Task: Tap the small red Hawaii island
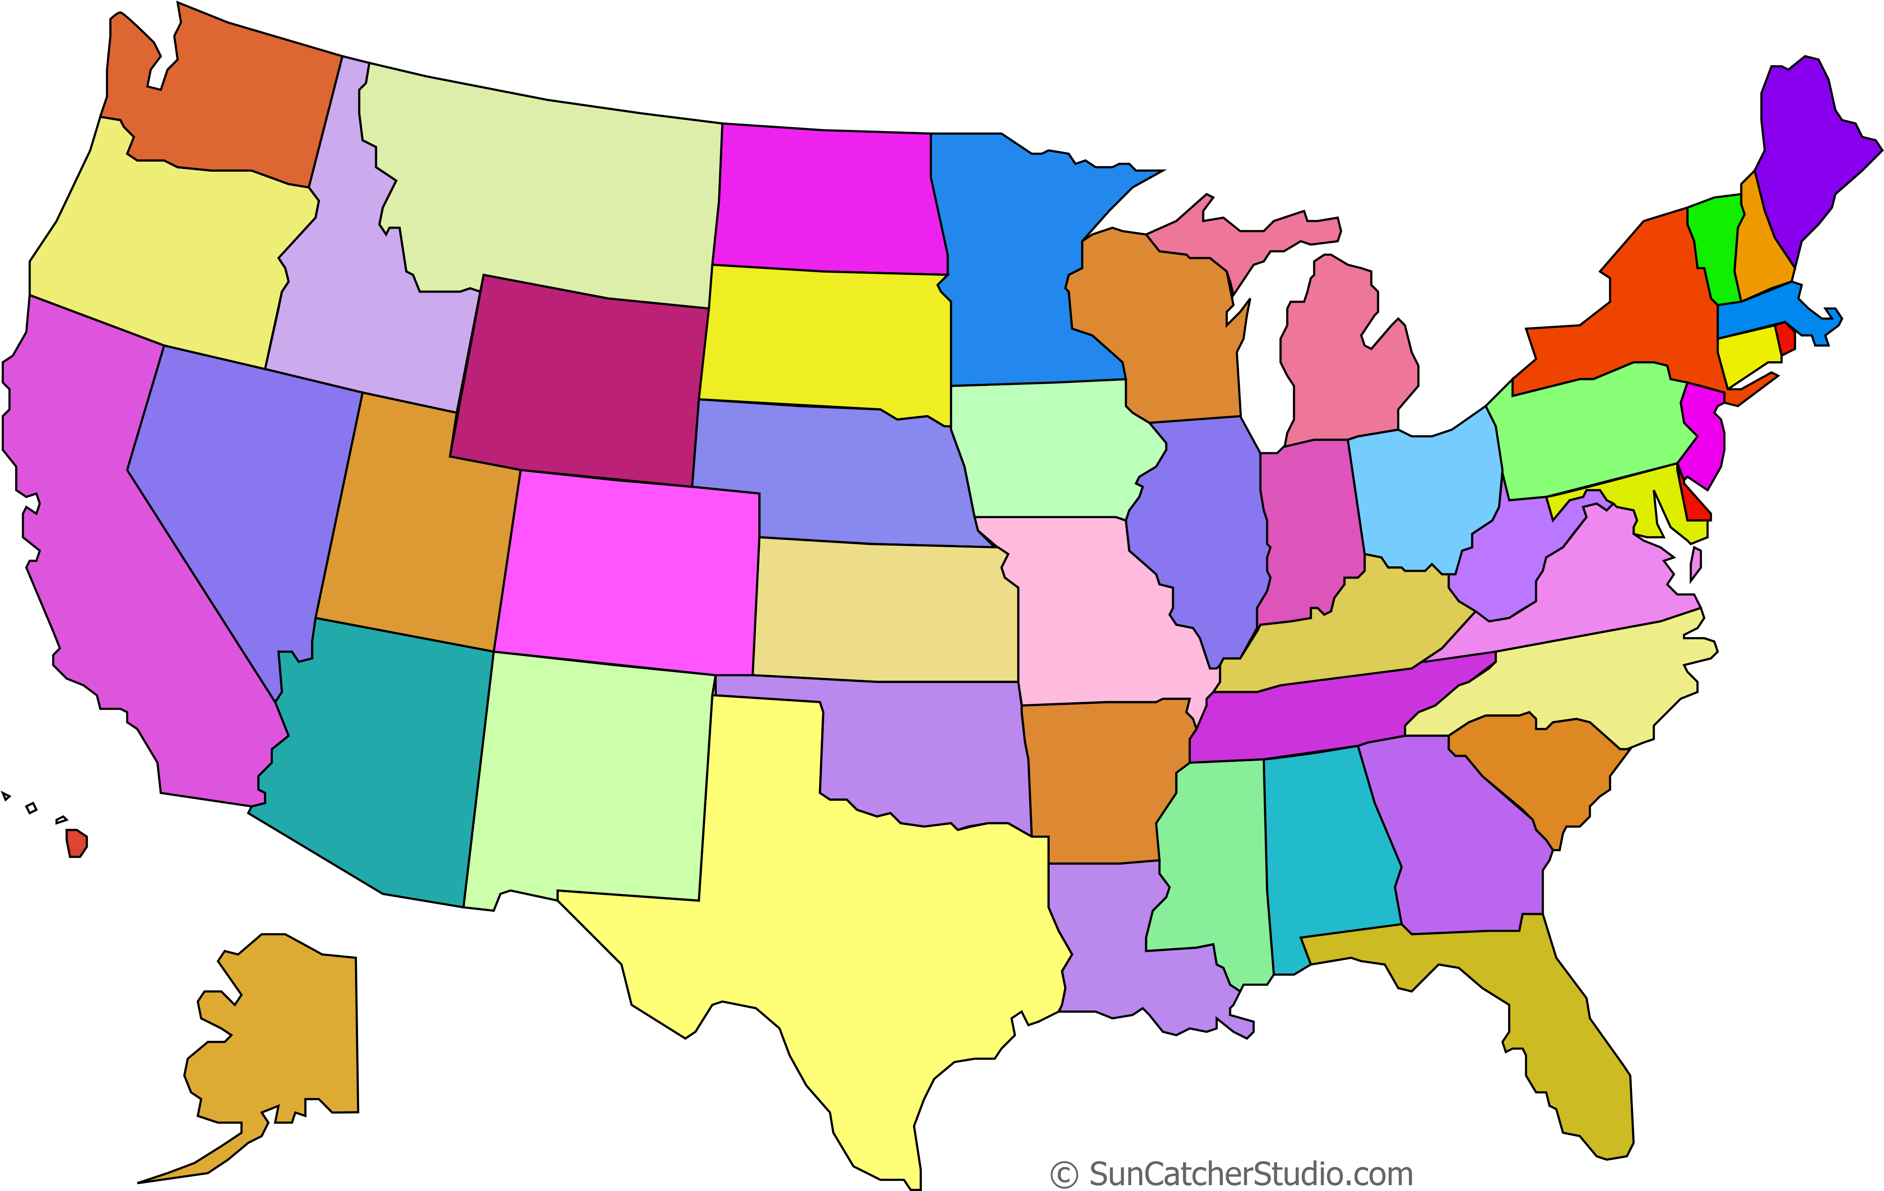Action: (x=76, y=843)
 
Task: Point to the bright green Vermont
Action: (x=1715, y=243)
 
